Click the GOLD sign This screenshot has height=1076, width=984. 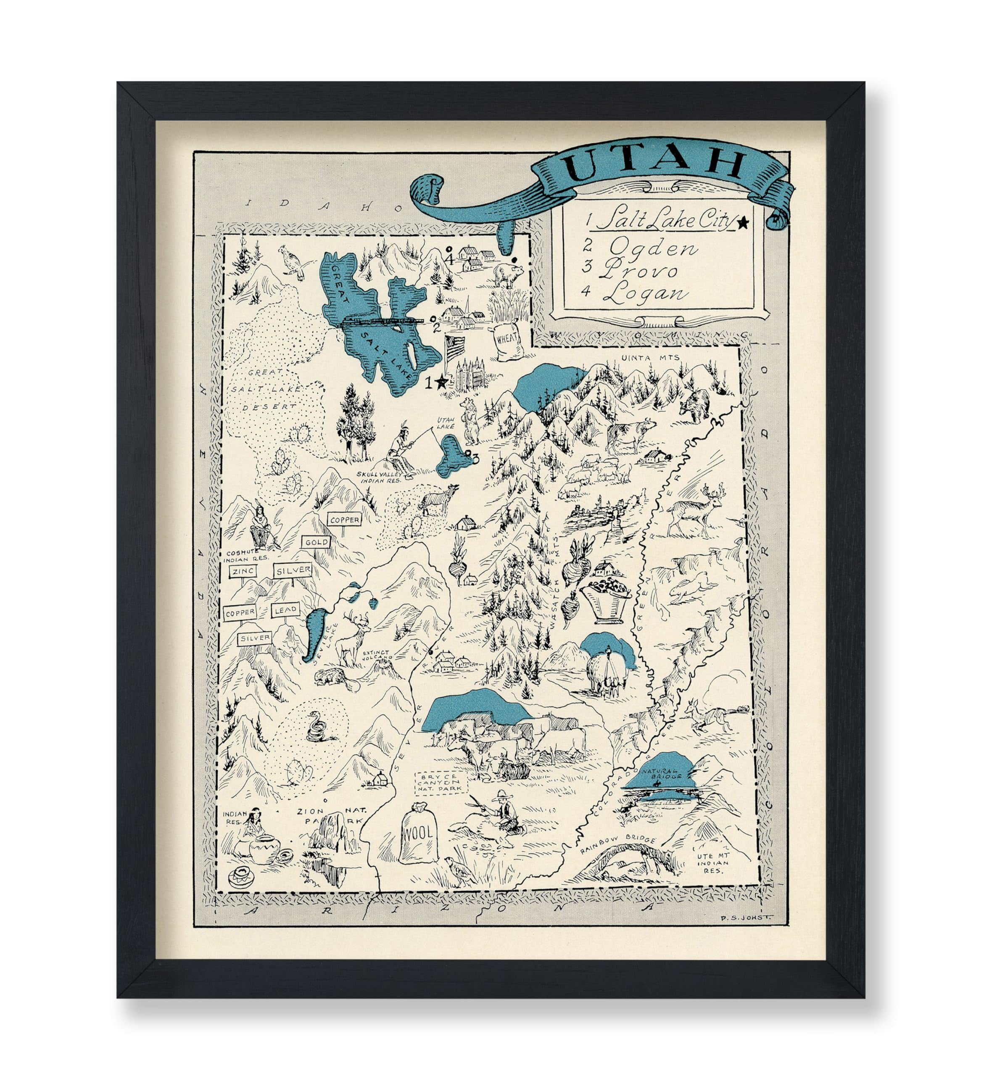[317, 542]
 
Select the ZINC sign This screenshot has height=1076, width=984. [243, 573]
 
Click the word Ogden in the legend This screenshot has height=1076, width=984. [653, 248]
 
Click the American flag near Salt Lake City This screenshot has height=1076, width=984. [455, 350]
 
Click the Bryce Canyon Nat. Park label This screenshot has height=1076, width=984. [441, 784]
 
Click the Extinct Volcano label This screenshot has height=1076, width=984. [378, 655]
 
